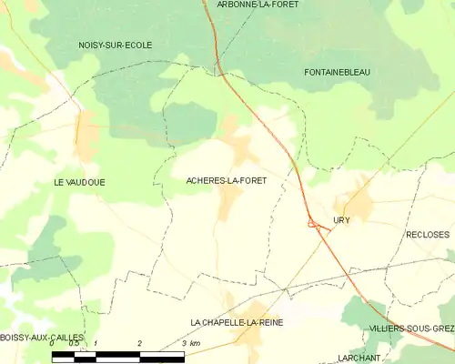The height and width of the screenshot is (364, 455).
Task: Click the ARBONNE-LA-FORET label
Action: (x=258, y=5)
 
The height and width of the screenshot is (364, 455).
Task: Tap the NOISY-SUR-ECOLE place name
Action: (x=115, y=45)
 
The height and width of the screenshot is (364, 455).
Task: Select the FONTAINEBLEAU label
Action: (x=338, y=72)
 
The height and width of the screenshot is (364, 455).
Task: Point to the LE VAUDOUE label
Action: (x=79, y=182)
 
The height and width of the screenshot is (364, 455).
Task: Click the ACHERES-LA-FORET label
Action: (x=227, y=181)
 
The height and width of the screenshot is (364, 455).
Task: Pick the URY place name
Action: (x=341, y=220)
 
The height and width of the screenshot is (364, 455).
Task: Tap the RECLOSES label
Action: (x=427, y=234)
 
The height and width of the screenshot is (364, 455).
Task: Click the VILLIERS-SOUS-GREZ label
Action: (x=411, y=328)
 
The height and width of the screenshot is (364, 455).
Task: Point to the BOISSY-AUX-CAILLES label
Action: (x=42, y=338)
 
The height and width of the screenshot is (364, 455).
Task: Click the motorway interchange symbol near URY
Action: (x=313, y=222)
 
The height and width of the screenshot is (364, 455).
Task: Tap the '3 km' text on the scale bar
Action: (x=190, y=343)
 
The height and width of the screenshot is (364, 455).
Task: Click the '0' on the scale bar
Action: (x=53, y=343)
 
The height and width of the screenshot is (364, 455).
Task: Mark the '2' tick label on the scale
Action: (x=139, y=343)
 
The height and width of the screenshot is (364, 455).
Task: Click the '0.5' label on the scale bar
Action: (x=74, y=343)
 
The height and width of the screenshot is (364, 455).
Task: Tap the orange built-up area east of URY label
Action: (x=359, y=204)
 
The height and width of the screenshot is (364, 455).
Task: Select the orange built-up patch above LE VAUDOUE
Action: (x=87, y=136)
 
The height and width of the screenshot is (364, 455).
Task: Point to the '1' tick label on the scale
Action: (x=96, y=343)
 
